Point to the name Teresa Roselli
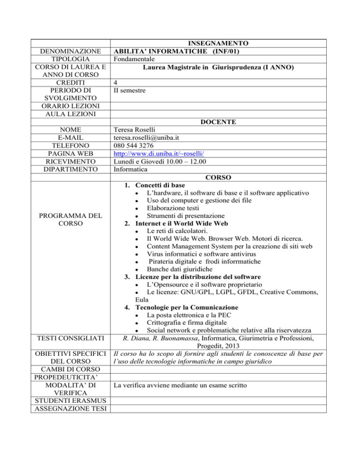click(137, 129)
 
